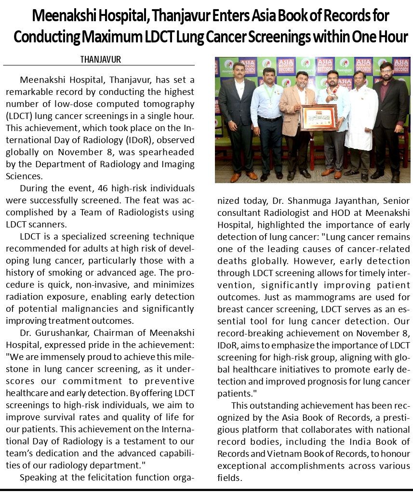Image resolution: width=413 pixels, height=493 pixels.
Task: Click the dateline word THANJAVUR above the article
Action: point(100,60)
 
